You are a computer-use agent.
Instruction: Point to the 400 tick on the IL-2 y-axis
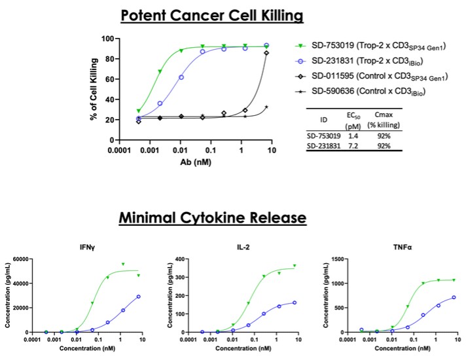(188, 259)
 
